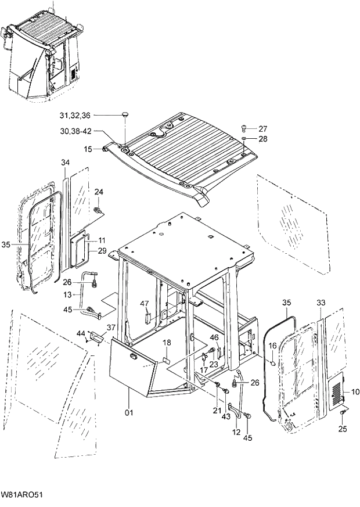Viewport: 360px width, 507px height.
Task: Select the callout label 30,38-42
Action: [78, 131]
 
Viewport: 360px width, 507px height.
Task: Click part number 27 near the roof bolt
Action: [262, 128]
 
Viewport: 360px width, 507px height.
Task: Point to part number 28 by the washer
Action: [262, 139]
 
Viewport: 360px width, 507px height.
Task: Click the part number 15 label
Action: [88, 149]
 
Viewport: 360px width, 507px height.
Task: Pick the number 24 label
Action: [99, 192]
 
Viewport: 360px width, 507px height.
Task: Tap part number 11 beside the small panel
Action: [102, 240]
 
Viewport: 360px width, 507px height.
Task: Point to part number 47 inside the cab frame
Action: [145, 304]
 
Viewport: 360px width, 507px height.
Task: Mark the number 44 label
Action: [81, 333]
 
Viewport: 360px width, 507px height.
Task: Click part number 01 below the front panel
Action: [129, 413]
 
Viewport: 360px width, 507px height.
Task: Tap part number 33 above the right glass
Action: [322, 303]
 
